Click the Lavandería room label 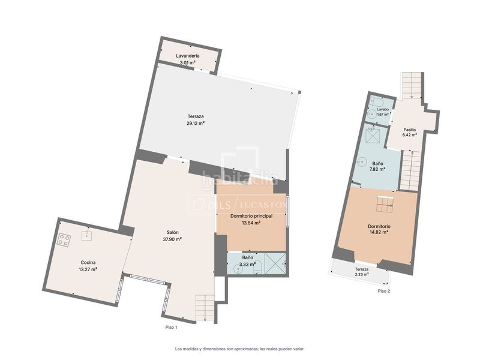pos(188,56)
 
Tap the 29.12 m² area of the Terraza pos(196,124)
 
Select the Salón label pos(173,232)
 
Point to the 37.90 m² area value pos(172,239)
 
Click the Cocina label pos(88,262)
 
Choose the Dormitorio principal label pos(251,216)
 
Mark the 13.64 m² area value pos(251,223)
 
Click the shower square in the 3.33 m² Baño pos(275,263)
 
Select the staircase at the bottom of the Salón pos(205,308)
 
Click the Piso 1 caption pos(171,327)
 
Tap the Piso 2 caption pos(384,291)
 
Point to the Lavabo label pos(383,109)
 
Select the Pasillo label pos(410,130)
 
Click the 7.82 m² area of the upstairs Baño pos(378,169)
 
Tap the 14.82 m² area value pos(379,232)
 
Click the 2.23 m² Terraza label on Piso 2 pos(362,272)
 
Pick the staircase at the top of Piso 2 pos(412,85)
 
